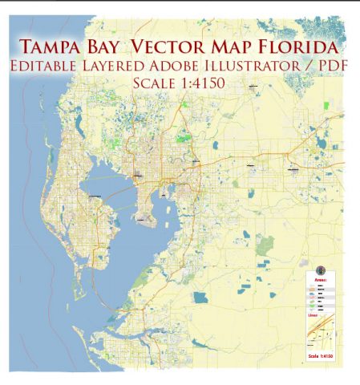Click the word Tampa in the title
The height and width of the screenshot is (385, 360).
click(x=54, y=43)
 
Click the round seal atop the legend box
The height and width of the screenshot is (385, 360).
click(x=320, y=269)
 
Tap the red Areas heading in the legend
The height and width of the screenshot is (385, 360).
click(x=320, y=280)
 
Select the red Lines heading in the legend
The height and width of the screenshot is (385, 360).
click(x=313, y=315)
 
